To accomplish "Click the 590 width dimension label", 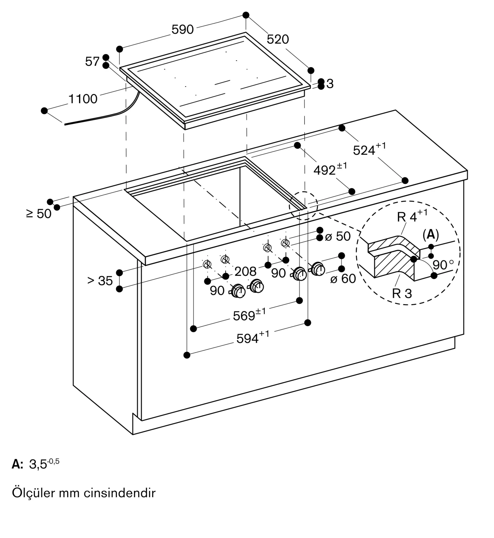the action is point(182,29).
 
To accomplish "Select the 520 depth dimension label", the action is point(278,39).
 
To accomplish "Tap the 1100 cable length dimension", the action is point(83,99).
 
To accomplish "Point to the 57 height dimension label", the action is point(92,61).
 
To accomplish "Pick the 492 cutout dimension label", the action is point(330,169).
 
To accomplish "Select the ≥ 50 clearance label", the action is point(38,214).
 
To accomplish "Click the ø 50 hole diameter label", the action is point(338,236).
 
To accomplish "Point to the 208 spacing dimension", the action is point(245,271).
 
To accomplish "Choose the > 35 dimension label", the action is point(100,281).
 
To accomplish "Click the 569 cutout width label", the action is point(249,314).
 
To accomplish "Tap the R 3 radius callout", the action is point(402,293).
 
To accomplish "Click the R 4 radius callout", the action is point(412,216).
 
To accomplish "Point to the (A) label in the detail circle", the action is point(431,235).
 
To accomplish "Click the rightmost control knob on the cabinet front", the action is point(318,269).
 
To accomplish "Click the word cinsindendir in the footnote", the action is point(119,493).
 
